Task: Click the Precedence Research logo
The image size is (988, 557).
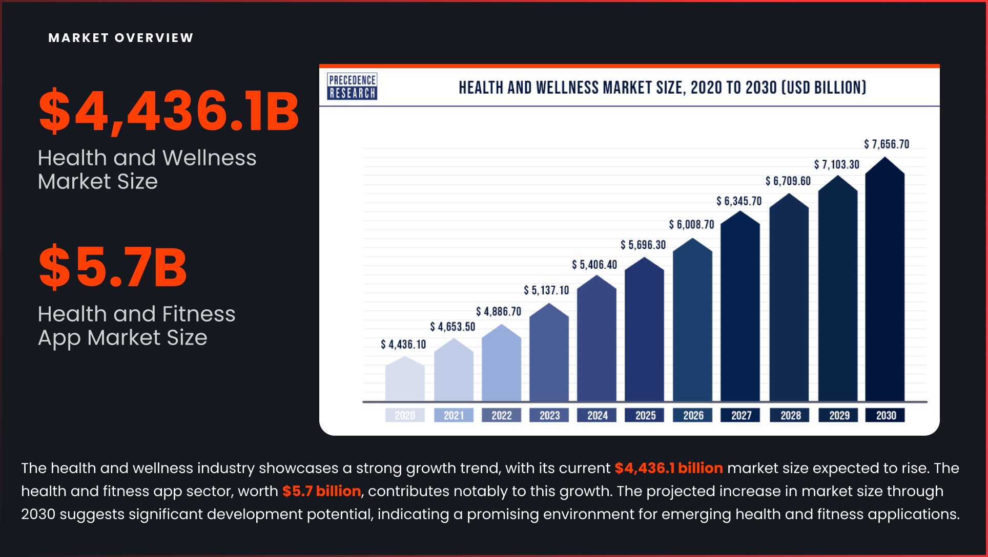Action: click(352, 86)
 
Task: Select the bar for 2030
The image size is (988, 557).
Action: click(884, 287)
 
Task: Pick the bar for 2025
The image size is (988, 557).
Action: click(644, 333)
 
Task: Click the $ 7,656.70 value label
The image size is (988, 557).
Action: click(887, 144)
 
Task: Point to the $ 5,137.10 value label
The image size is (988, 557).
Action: click(546, 291)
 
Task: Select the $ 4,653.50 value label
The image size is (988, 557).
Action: click(452, 327)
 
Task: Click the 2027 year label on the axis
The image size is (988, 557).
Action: click(741, 415)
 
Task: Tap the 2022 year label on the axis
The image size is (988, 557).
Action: click(501, 415)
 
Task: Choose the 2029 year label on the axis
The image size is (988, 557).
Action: click(839, 415)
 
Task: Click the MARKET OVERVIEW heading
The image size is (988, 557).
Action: click(121, 38)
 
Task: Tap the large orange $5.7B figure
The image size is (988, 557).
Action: click(113, 267)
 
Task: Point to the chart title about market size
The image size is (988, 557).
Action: click(662, 88)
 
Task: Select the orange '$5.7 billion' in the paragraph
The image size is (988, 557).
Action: click(321, 491)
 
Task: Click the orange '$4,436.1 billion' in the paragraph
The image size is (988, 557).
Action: click(668, 468)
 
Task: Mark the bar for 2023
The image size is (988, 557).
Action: click(549, 356)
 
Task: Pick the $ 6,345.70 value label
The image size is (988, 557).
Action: click(739, 201)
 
